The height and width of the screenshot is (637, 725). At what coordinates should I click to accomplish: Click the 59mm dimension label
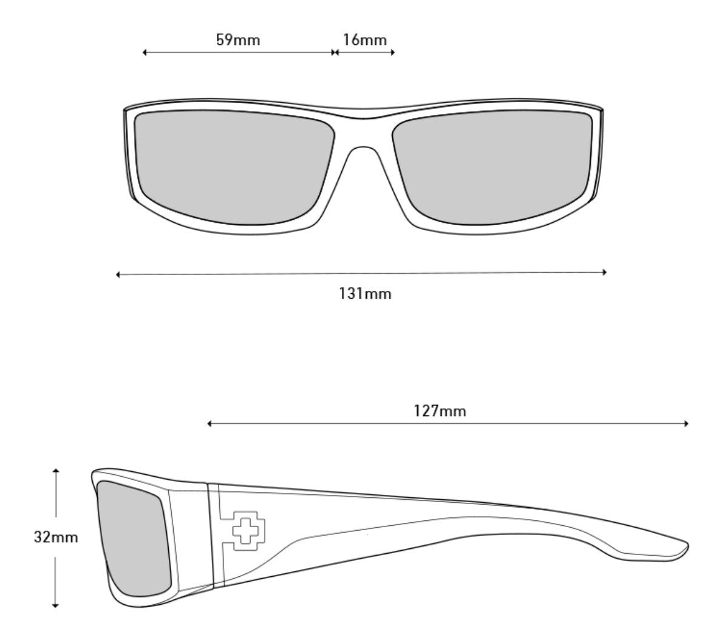(238, 41)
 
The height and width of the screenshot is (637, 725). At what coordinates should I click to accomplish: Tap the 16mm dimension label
(364, 41)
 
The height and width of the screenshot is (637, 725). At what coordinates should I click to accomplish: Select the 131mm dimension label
(365, 295)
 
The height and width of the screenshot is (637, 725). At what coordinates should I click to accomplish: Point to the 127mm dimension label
(440, 411)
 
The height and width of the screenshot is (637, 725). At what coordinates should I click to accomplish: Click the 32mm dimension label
(56, 537)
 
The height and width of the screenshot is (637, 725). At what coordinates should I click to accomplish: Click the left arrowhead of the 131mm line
(118, 274)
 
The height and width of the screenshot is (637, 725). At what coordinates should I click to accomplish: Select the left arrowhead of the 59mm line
(145, 53)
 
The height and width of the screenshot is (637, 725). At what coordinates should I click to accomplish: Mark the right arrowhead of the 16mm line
(393, 53)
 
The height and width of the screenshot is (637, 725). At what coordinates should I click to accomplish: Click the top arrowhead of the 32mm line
(56, 471)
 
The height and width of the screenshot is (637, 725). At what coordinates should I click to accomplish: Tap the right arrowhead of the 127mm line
(686, 423)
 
